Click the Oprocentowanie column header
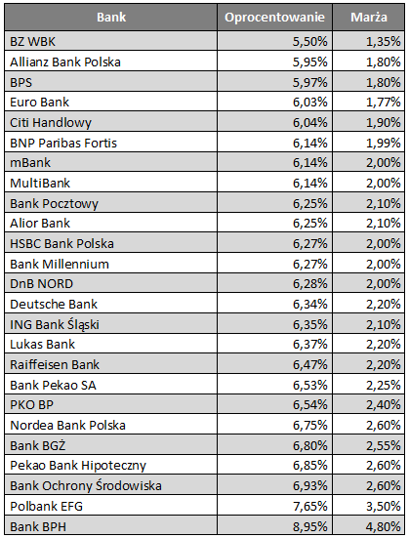coord(274,18)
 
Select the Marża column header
coord(369,18)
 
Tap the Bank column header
coord(111,18)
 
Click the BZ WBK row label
coord(32,42)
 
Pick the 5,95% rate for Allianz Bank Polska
coord(310,62)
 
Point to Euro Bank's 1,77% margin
coord(384,103)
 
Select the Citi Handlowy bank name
coord(51,123)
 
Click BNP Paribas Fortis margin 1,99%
coord(384,143)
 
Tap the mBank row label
coord(30,163)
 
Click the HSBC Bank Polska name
coord(61,243)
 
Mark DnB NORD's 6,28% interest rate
coord(310,284)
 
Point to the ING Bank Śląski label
coord(55,324)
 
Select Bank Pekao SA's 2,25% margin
coord(384,385)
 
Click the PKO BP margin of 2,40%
coord(384,405)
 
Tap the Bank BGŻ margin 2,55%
coord(384,445)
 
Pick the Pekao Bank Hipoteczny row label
coord(78,466)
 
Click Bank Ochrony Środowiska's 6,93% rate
coord(310,486)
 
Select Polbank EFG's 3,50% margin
coord(384,506)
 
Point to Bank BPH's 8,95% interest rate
coord(310,526)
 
